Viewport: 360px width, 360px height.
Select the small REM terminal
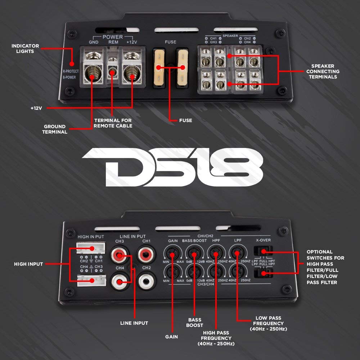(112, 72)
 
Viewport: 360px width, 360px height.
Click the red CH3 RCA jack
(120, 255)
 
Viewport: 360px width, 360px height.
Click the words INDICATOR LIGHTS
(25, 49)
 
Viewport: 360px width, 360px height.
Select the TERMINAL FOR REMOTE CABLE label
(113, 123)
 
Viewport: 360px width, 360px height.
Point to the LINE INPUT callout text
(134, 323)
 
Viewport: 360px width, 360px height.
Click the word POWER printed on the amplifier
(112, 37)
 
